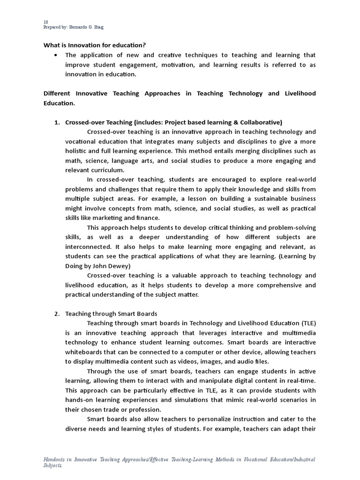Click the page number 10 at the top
pyautogui.click(x=45, y=22)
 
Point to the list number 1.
pyautogui.click(x=57, y=122)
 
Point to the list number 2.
pyautogui.click(x=57, y=314)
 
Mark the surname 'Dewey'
pyautogui.click(x=112, y=266)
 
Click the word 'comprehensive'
pyautogui.click(x=269, y=285)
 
